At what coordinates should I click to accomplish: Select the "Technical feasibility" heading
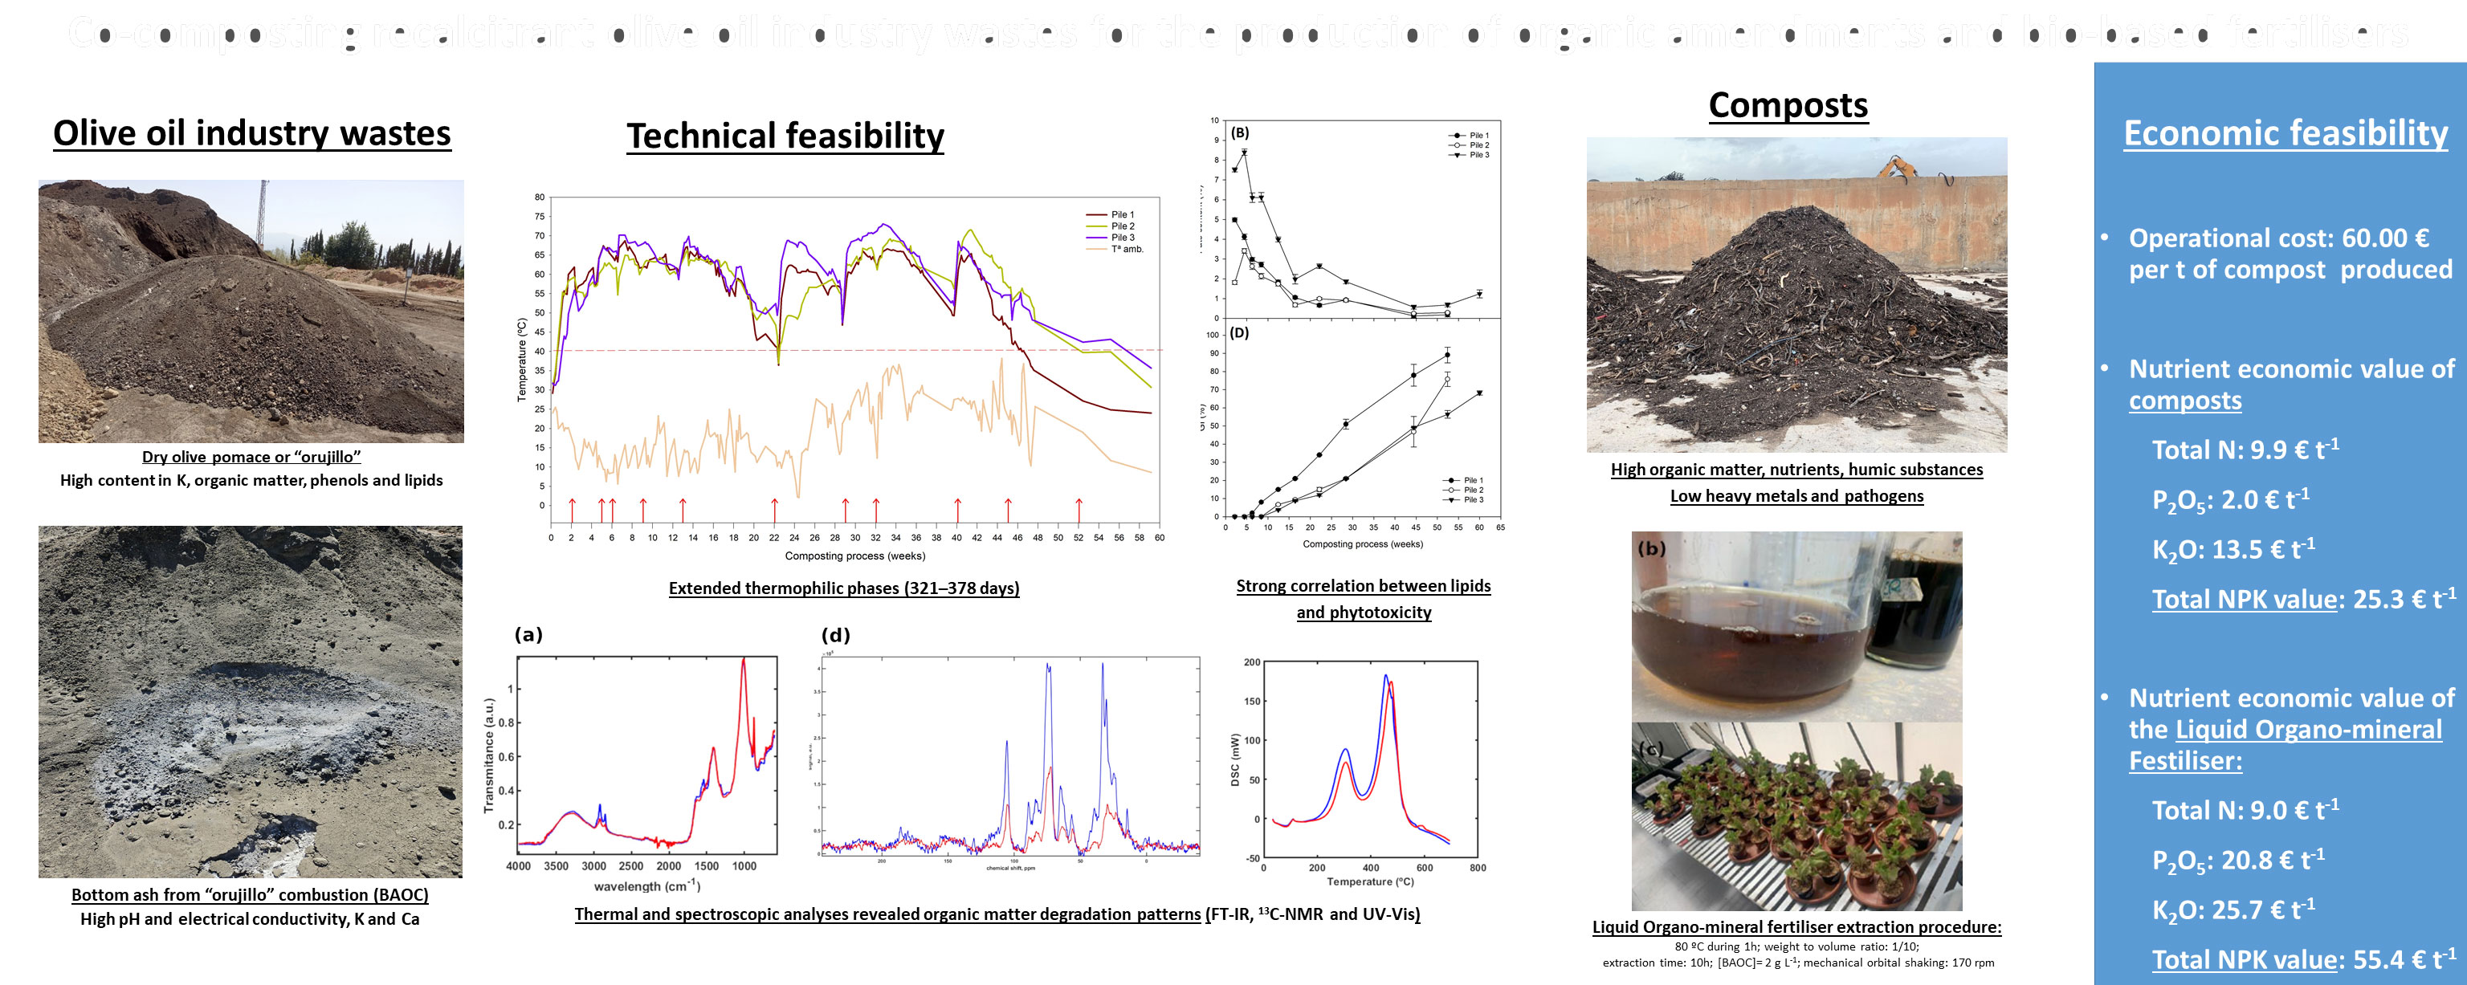785,136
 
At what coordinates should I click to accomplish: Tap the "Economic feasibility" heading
2285,133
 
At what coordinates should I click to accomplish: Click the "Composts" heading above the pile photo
1788,105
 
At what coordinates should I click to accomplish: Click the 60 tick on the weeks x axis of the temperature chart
1159,538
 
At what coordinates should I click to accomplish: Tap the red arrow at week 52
1079,508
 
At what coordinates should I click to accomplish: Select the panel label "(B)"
1239,133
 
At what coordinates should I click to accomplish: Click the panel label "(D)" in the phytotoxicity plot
1239,333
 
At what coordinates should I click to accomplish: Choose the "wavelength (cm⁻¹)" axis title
647,886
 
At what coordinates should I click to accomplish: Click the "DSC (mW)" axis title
1234,760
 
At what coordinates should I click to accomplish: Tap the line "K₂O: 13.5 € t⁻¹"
2233,549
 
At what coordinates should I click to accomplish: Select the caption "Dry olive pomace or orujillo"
251,457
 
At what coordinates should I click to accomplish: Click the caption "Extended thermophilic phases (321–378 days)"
844,588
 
